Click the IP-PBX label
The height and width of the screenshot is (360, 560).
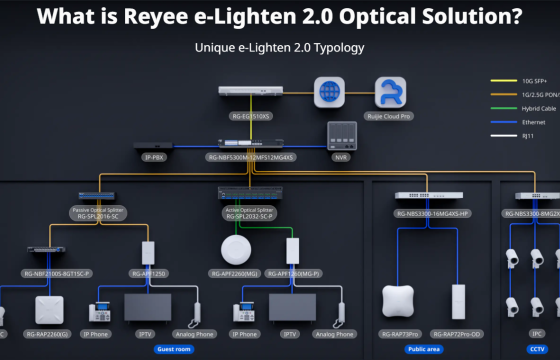(152, 157)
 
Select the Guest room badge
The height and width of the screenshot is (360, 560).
(174, 349)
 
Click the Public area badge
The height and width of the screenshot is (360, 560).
(425, 349)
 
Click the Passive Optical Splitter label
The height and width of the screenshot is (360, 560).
(97, 209)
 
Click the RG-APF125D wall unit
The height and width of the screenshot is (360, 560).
(147, 251)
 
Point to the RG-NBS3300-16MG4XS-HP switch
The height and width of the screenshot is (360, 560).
(432, 196)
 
